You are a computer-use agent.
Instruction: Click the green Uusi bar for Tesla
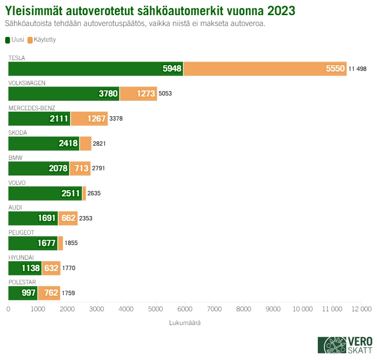(95, 69)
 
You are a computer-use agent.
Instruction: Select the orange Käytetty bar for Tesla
(265, 69)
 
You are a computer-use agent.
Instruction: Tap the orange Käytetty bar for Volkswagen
(138, 94)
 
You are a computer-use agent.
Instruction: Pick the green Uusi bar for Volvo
(45, 193)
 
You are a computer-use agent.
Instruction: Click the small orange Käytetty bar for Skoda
(85, 143)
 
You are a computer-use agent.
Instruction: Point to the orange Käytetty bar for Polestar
(49, 293)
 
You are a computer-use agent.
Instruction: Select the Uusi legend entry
(15, 40)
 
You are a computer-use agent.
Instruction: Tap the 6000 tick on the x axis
(185, 309)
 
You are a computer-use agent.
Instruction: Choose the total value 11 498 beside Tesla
(358, 69)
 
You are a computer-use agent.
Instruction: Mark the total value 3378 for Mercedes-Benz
(116, 119)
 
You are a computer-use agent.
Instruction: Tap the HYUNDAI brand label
(21, 257)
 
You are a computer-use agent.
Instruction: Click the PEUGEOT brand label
(21, 232)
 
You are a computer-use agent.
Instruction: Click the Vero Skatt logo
(345, 345)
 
